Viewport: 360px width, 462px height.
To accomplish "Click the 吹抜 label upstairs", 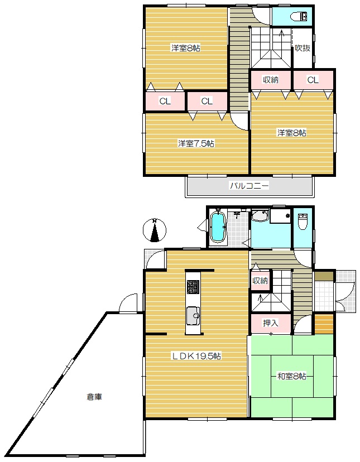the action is point(303,48).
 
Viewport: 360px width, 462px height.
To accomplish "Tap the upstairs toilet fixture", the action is point(299,17).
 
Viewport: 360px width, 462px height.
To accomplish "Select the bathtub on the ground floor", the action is point(218,227).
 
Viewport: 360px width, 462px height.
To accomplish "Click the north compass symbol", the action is point(155,230).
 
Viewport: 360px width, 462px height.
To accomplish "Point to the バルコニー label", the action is point(249,186).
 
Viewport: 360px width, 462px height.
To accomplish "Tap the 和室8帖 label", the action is point(291,376).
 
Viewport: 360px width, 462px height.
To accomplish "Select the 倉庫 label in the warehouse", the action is point(94,397).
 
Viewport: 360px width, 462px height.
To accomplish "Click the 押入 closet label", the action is point(270,323).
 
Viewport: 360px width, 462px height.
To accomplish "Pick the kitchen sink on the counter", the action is point(193,316).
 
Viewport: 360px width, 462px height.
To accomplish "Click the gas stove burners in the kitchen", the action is point(193,287).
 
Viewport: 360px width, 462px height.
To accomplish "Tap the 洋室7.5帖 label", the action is point(196,143).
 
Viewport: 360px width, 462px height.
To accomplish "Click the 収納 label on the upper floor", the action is point(271,80).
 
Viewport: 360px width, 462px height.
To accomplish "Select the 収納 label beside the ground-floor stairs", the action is point(260,281).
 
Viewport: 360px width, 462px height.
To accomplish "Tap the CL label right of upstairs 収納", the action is point(313,80).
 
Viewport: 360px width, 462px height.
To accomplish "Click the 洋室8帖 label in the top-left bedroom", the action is point(186,48).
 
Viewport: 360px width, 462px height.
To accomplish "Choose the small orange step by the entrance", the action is point(324,324).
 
